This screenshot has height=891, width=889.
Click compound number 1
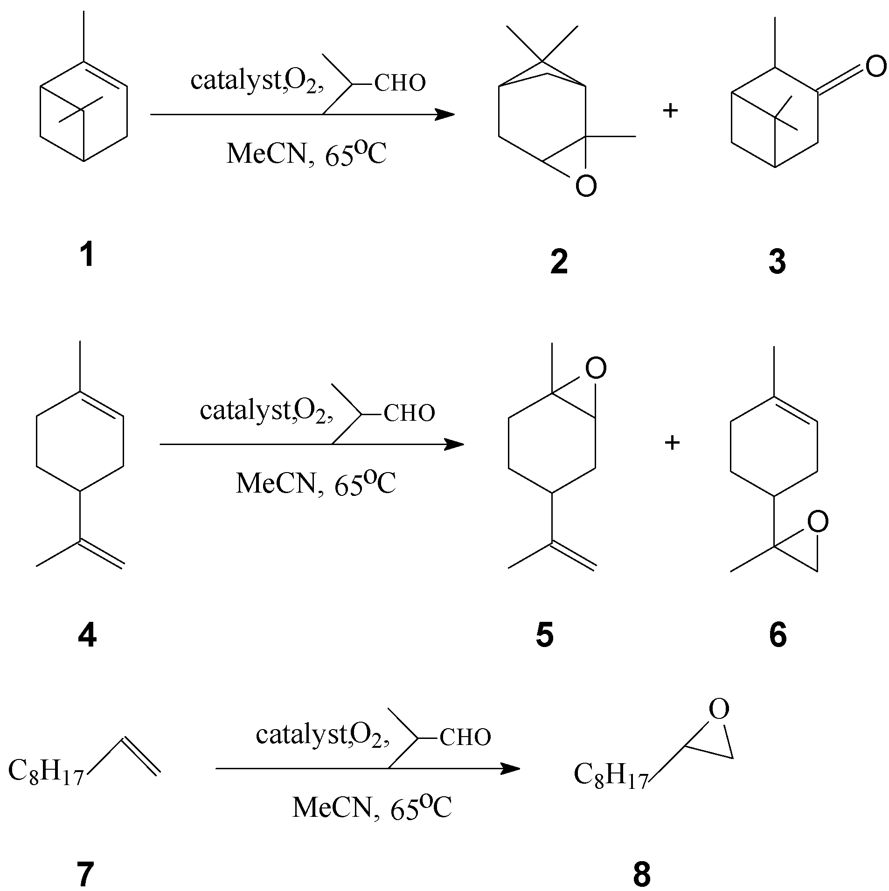tap(87, 256)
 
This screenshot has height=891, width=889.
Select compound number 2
tap(559, 262)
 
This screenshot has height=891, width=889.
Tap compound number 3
tap(777, 262)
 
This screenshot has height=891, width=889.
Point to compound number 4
tap(87, 635)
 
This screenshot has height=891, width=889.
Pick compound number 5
tap(545, 635)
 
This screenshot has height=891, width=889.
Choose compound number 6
tap(778, 635)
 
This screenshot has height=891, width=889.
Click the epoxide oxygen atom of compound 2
tap(586, 186)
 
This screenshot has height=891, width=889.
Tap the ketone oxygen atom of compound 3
tap(875, 66)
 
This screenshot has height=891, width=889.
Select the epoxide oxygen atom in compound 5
tap(596, 369)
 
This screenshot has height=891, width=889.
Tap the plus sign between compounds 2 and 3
tap(670, 111)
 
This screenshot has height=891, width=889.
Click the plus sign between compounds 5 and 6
tap(672, 443)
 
